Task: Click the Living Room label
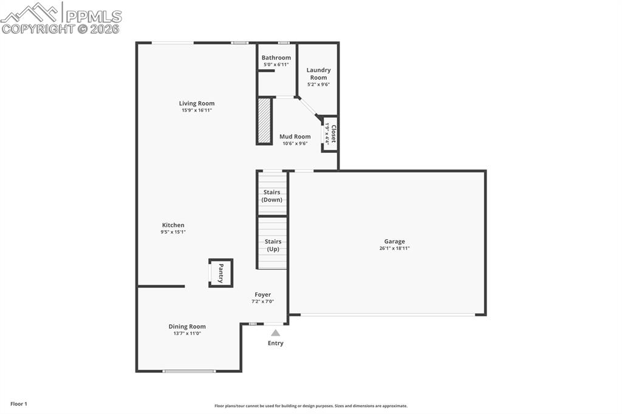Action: [x=196, y=103]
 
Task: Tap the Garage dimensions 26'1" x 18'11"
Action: [x=394, y=248]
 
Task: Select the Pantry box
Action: [x=220, y=273]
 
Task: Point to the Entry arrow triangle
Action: [x=275, y=333]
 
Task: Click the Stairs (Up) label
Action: [x=273, y=245]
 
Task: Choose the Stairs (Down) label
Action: [x=272, y=195]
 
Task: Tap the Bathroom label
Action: [x=276, y=58]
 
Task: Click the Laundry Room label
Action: [x=318, y=73]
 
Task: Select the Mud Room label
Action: [x=295, y=137]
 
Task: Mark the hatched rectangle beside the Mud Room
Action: [x=264, y=120]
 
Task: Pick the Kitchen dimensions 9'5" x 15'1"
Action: [x=173, y=232]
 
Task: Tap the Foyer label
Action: [x=262, y=294]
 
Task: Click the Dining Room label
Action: [x=187, y=327]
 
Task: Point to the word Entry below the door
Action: [x=275, y=343]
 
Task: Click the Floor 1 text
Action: [x=19, y=404]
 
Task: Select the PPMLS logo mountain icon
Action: [x=30, y=12]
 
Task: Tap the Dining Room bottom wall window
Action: [x=189, y=371]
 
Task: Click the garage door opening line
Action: [x=388, y=314]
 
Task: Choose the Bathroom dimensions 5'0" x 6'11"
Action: [x=276, y=64]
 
